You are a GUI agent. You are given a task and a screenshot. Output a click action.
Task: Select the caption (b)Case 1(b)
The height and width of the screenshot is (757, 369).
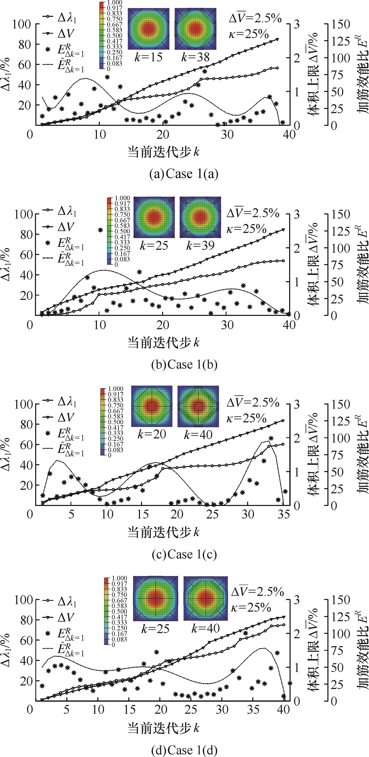[184, 364]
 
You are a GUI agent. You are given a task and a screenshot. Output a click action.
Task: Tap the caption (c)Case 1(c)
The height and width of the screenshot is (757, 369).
[184, 554]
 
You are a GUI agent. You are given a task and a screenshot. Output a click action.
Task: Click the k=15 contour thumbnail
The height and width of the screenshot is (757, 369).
[149, 29]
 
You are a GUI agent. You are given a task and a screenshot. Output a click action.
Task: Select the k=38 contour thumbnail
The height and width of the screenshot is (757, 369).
[195, 29]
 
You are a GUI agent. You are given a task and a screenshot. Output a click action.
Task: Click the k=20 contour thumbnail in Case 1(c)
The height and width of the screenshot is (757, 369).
[152, 406]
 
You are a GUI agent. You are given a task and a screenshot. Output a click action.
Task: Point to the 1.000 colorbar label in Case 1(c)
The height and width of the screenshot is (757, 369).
[116, 389]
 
